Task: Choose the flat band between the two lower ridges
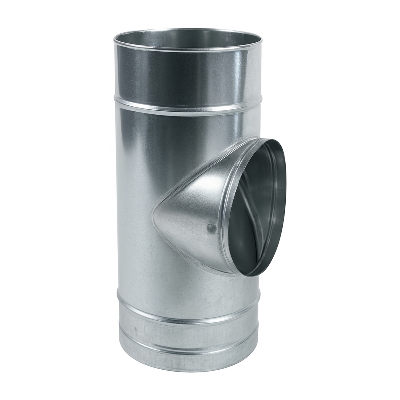click(187, 332)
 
